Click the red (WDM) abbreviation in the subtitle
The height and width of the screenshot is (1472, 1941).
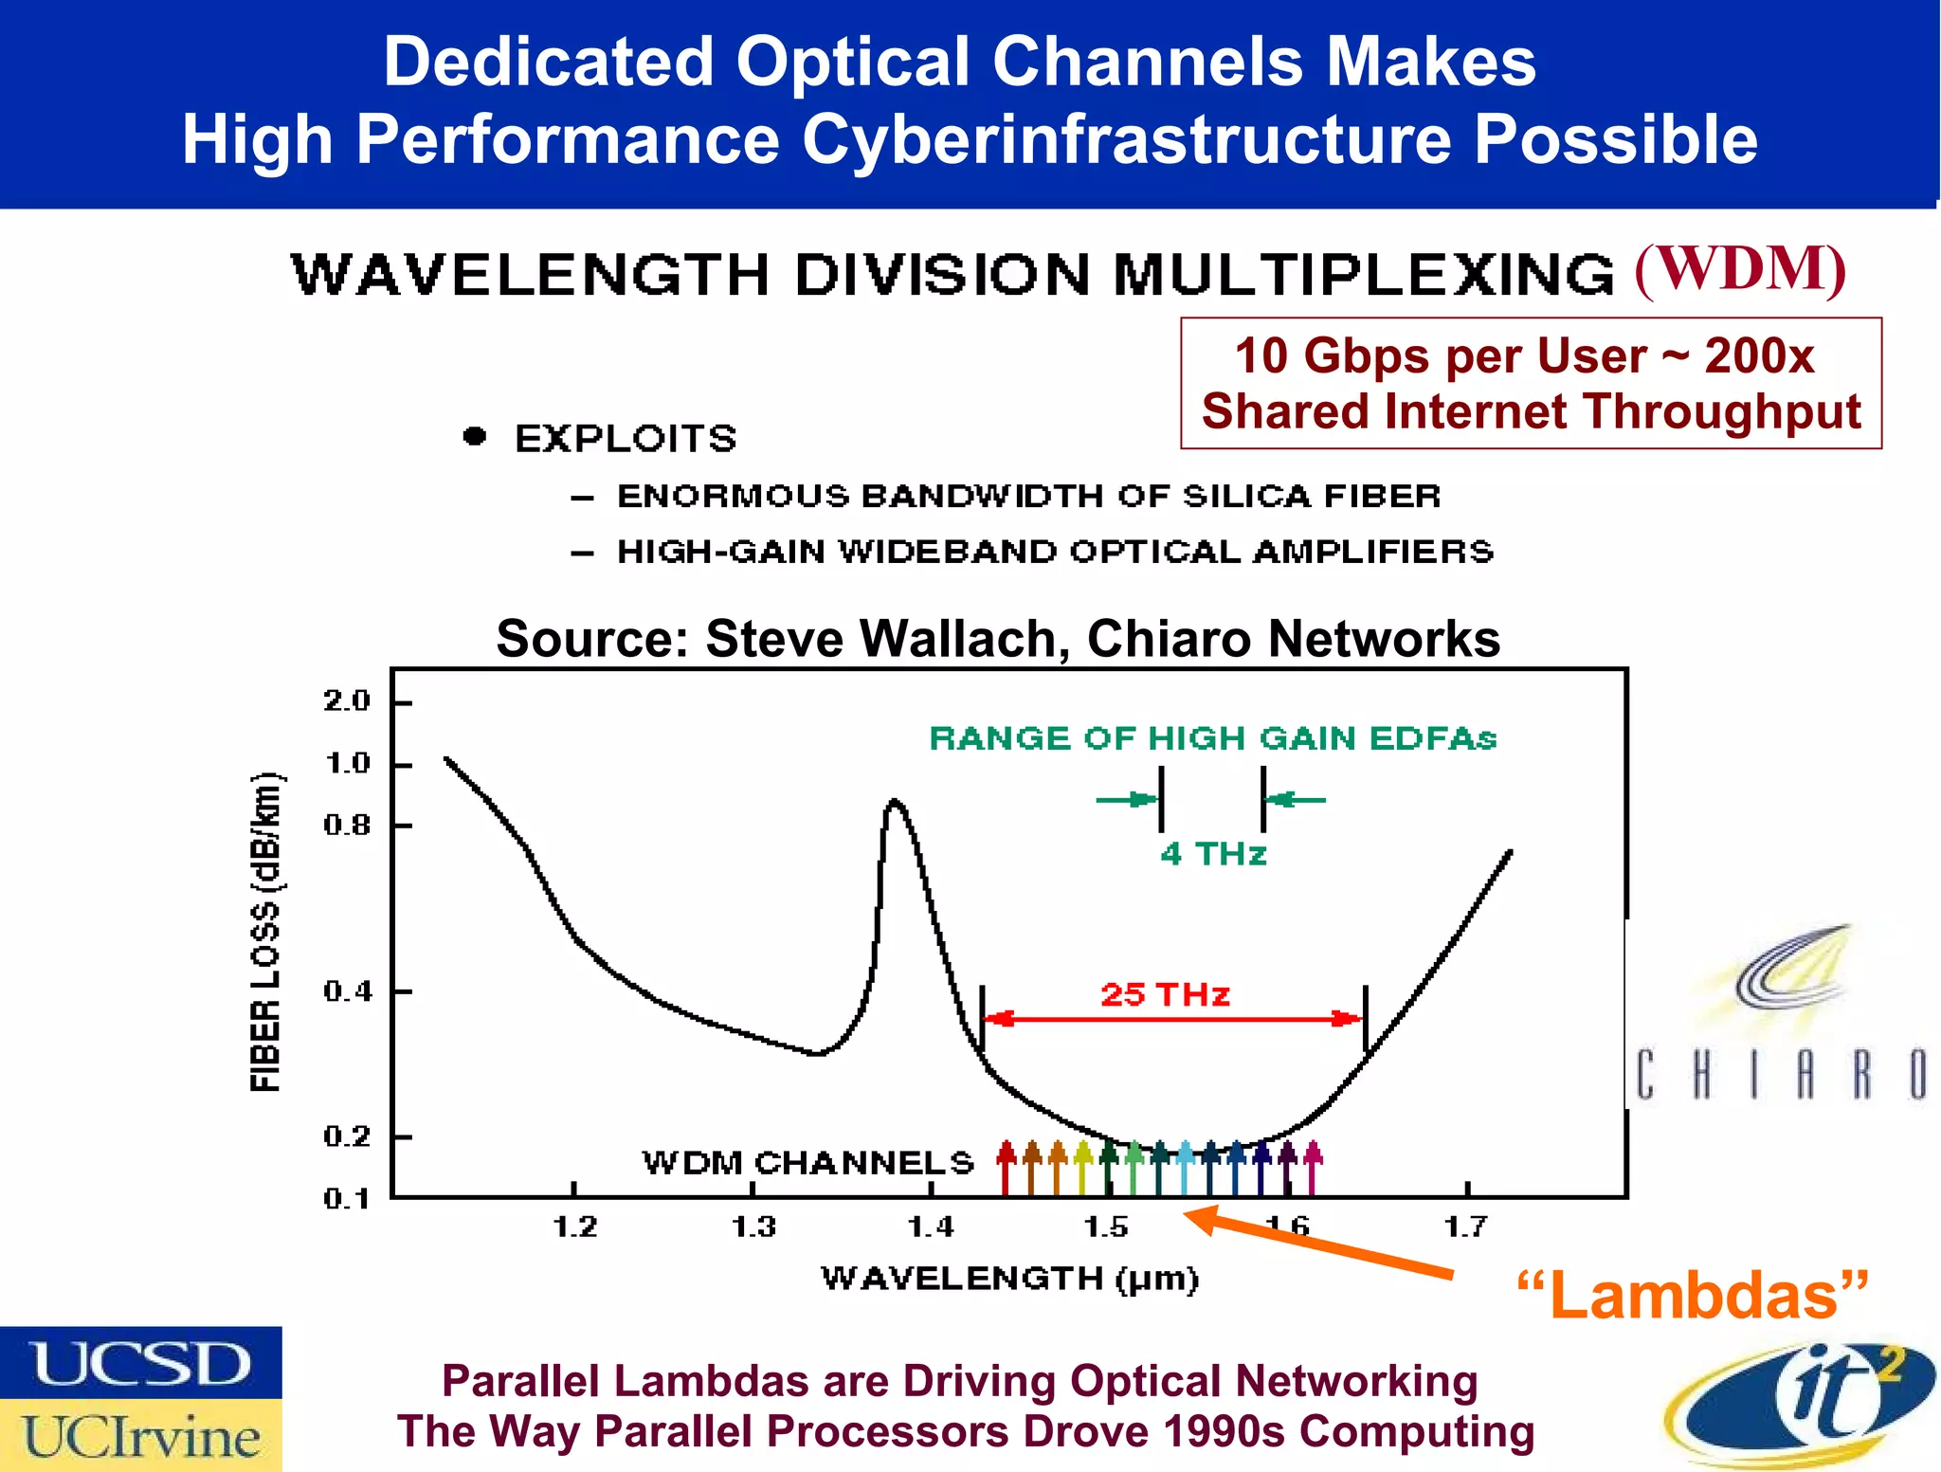[x=1740, y=269]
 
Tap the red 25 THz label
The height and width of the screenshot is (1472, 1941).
[x=1165, y=994]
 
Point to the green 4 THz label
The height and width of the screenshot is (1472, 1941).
[x=1212, y=854]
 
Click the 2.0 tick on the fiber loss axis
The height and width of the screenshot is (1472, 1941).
[x=347, y=701]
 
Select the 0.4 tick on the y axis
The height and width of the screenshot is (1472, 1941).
[x=347, y=991]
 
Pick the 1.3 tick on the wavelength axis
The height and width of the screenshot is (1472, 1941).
[x=753, y=1227]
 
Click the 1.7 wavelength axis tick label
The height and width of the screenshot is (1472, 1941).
[x=1465, y=1227]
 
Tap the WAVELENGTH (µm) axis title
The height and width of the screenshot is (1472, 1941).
[x=1009, y=1279]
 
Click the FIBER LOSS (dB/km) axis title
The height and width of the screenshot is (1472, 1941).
[x=266, y=932]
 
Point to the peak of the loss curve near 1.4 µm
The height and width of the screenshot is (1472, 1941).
[x=894, y=803]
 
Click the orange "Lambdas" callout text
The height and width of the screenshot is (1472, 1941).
[x=1693, y=1296]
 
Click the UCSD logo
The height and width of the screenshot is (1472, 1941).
[x=140, y=1363]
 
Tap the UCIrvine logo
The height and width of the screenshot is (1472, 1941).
[x=140, y=1435]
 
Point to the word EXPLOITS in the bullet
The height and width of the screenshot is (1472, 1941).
[x=626, y=439]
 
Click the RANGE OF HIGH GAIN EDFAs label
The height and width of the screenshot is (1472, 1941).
[x=1212, y=738]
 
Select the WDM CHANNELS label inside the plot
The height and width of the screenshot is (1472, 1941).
[x=807, y=1162]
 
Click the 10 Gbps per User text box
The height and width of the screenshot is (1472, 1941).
[x=1530, y=383]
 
